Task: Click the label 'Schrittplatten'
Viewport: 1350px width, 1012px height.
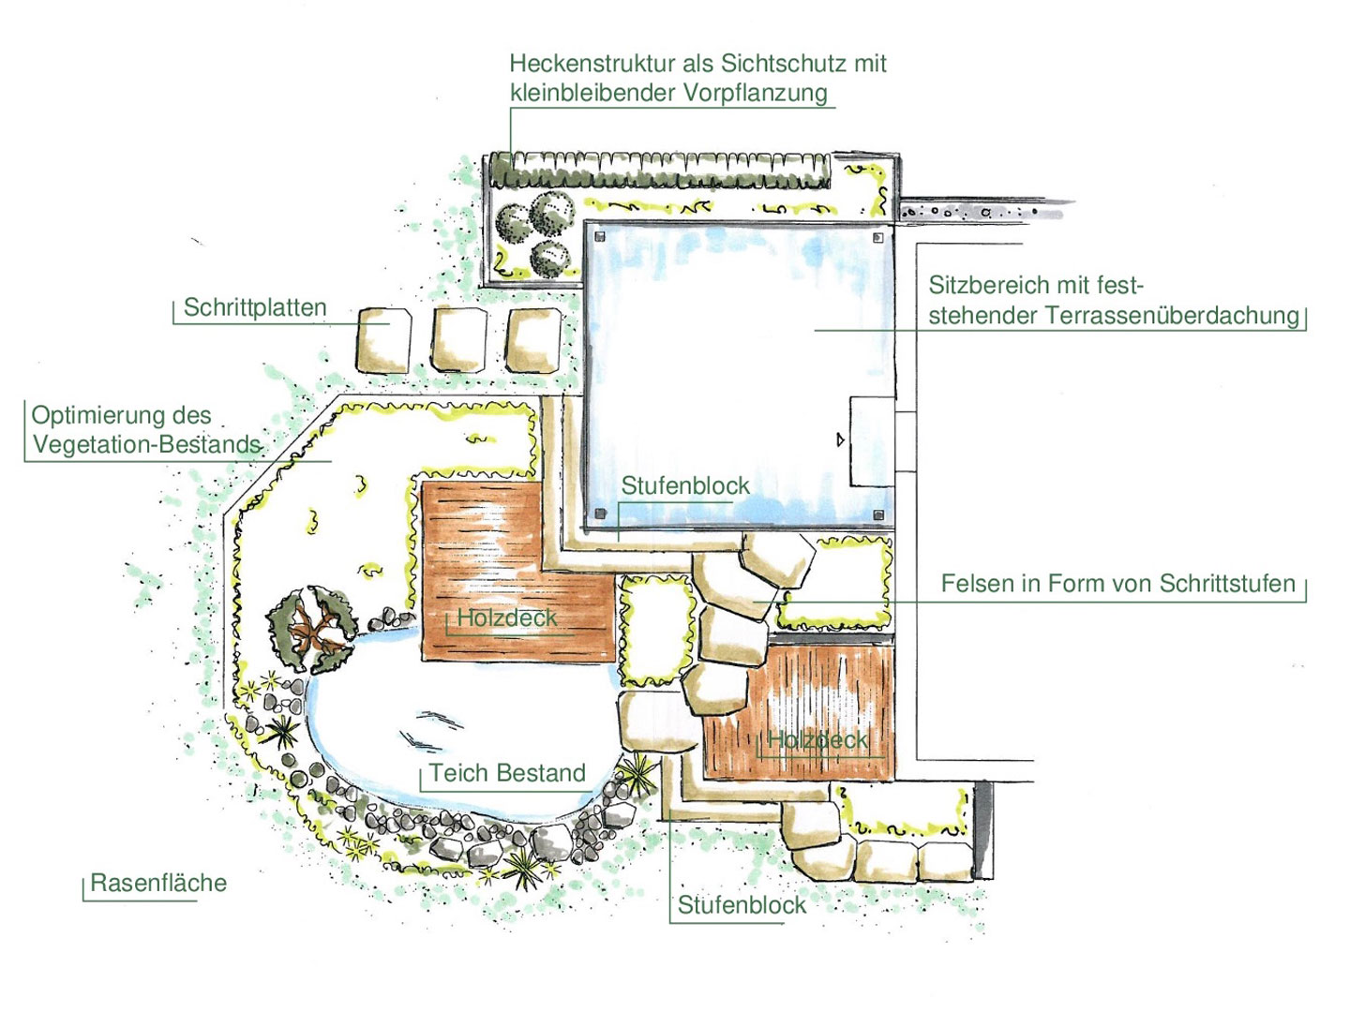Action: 255,307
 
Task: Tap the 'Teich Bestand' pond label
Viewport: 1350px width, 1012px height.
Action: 507,773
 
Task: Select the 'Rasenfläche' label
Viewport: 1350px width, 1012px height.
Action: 158,883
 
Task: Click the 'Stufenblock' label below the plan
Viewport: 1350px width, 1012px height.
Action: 742,905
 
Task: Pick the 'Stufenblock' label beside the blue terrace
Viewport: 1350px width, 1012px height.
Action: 685,485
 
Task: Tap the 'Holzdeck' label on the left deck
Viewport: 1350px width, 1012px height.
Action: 506,618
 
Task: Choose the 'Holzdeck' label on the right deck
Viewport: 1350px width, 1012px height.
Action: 817,740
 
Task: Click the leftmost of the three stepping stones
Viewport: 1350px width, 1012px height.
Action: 384,340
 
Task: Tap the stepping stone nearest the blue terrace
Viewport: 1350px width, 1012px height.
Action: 534,337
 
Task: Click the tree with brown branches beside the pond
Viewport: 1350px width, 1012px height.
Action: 313,628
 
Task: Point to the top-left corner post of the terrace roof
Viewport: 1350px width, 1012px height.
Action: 600,236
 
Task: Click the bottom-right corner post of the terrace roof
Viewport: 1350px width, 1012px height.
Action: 878,514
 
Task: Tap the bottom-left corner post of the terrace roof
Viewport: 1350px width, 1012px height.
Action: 600,514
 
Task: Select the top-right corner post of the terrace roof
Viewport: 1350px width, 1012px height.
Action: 878,238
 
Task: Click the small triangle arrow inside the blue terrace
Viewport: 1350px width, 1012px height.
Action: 840,439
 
